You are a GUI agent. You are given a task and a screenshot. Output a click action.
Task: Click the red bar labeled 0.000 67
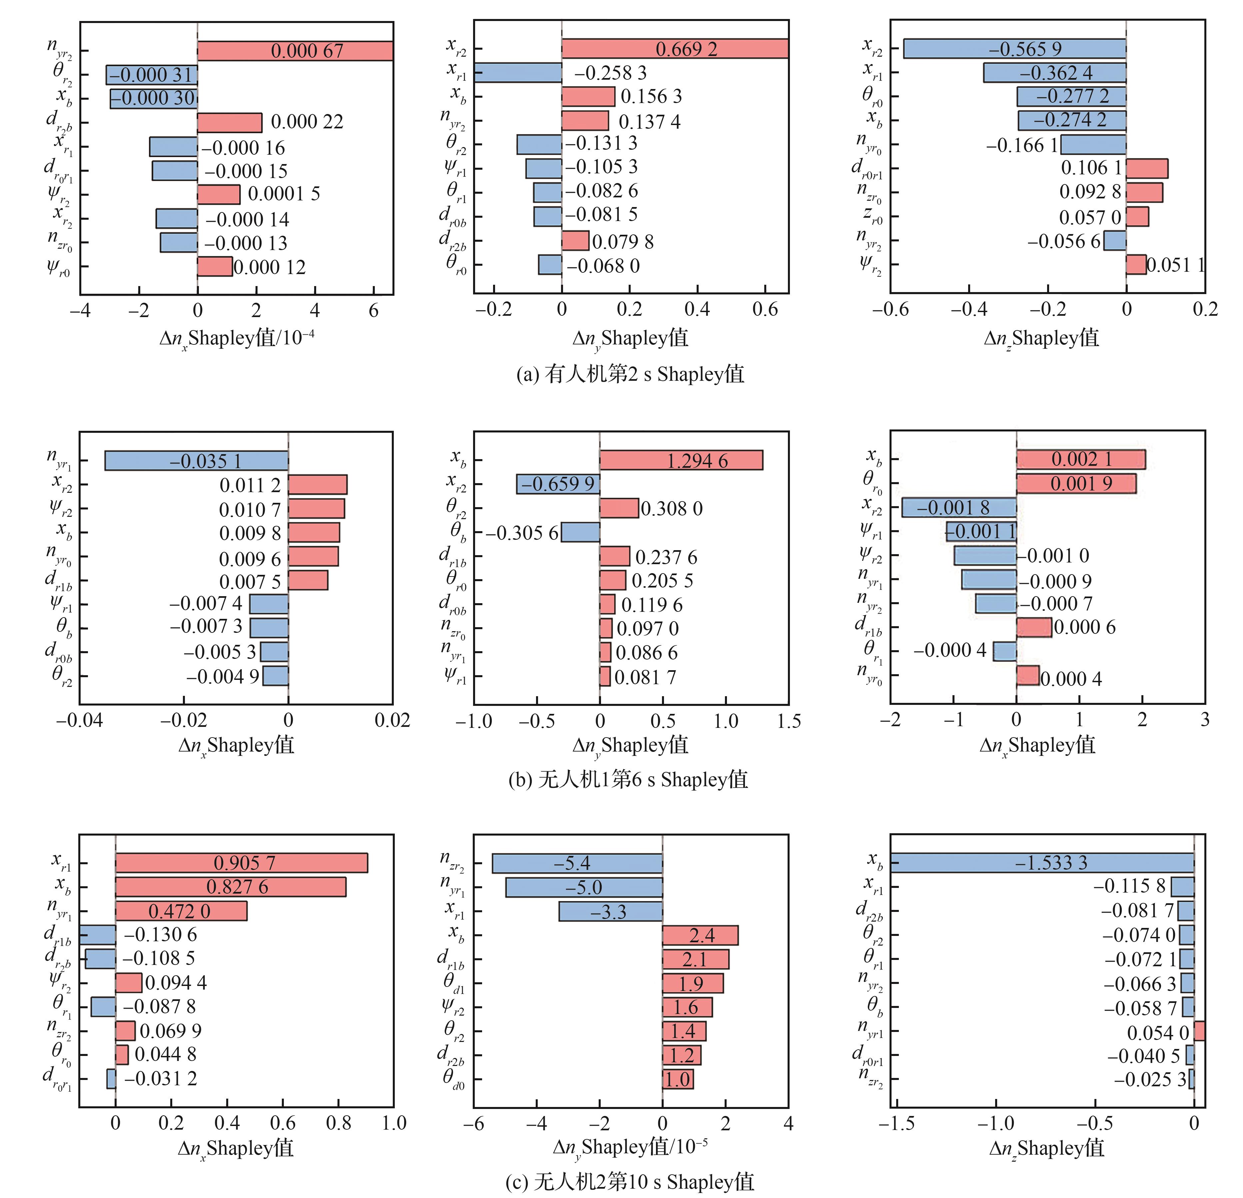tap(295, 51)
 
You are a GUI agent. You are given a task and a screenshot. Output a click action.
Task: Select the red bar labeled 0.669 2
tap(675, 49)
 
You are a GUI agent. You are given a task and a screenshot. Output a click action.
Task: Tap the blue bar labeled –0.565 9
tap(1015, 49)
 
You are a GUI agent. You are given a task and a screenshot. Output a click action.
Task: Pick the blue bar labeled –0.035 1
tap(197, 461)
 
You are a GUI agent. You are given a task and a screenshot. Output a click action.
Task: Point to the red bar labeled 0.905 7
tap(241, 863)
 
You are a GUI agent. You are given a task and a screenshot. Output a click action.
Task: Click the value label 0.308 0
tap(672, 509)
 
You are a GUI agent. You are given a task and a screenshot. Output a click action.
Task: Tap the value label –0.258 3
tap(610, 73)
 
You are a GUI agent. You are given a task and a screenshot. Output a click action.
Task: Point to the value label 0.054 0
tap(1158, 1033)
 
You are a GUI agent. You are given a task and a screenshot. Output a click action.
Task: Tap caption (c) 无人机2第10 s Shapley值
tap(630, 1182)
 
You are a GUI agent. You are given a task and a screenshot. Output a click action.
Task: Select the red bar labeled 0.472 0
tap(181, 911)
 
